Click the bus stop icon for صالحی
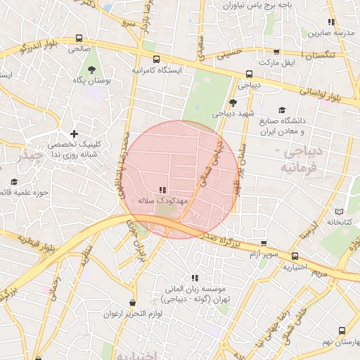[78, 38]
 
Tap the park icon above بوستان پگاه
[93, 69]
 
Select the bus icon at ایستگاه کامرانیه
[155, 60]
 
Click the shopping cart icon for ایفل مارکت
[276, 51]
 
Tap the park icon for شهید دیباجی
[233, 102]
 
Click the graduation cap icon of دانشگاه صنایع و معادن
[283, 110]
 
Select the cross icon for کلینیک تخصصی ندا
[74, 134]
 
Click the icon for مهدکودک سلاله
[163, 190]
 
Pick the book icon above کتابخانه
[340, 211]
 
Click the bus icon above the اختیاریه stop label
[295, 256]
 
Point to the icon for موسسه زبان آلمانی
[195, 278]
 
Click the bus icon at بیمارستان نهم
[342, 330]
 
